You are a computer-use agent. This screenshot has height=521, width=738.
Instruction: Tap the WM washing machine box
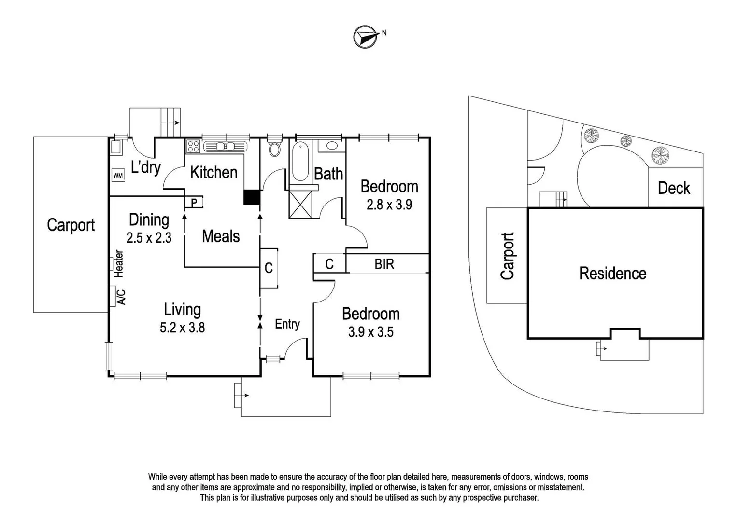pos(118,176)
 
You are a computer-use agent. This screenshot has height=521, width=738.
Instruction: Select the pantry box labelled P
pos(194,203)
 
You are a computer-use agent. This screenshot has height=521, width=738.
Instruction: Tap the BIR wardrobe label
pos(384,264)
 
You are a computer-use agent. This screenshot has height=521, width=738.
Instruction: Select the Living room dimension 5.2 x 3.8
pos(182,328)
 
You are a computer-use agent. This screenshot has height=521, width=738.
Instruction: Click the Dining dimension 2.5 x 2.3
pos(149,238)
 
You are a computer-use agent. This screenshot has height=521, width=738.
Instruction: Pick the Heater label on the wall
pos(119,263)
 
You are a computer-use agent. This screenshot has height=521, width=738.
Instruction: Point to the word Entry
pos(287,324)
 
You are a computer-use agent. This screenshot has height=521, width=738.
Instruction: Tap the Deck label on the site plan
pos(674,188)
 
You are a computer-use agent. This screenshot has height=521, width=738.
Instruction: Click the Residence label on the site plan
pos(612,274)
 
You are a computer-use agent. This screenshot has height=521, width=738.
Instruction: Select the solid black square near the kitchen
pos(252,197)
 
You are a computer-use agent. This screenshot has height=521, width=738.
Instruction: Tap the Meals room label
pos(221,236)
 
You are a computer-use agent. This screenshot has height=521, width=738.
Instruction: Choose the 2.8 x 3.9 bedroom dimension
pos(389,205)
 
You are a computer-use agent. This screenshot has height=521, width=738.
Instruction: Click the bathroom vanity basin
pos(331,145)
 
